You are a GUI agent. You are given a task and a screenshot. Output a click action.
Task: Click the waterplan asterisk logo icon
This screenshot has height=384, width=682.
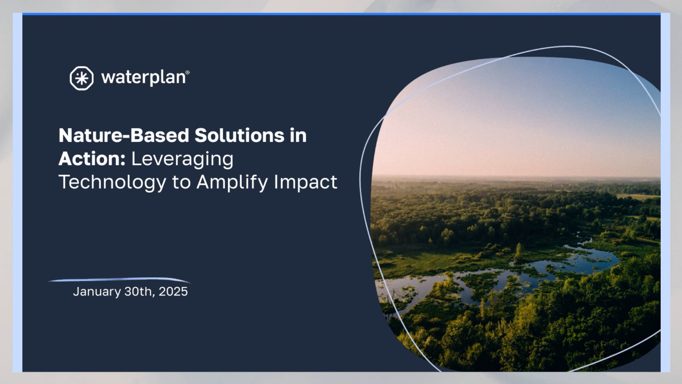[x=82, y=78]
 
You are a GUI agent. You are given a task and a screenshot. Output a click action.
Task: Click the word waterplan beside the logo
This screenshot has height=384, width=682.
[x=143, y=78]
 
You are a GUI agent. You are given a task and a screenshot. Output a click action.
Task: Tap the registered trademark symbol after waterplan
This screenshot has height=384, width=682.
[x=187, y=73]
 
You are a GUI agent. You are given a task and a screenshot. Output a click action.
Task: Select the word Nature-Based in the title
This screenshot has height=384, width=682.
[x=124, y=135]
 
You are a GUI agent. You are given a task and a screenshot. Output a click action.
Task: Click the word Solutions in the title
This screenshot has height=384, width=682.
[x=239, y=135]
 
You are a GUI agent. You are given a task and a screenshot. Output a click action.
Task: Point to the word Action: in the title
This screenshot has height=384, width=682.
[x=92, y=159]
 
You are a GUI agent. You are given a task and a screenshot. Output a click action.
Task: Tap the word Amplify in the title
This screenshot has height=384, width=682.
[x=232, y=182]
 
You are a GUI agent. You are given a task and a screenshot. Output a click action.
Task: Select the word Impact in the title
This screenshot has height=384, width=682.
[x=305, y=182]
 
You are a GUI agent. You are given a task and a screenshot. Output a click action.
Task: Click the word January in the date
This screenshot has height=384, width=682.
[x=97, y=292]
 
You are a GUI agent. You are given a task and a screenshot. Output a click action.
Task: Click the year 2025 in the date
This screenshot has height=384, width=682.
[x=173, y=292]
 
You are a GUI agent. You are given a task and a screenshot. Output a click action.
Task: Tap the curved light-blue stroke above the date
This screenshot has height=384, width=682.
[x=119, y=280]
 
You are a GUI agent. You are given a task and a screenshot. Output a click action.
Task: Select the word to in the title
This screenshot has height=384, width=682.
[x=181, y=182]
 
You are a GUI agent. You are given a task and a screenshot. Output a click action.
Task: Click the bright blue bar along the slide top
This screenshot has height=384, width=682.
[x=341, y=14]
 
